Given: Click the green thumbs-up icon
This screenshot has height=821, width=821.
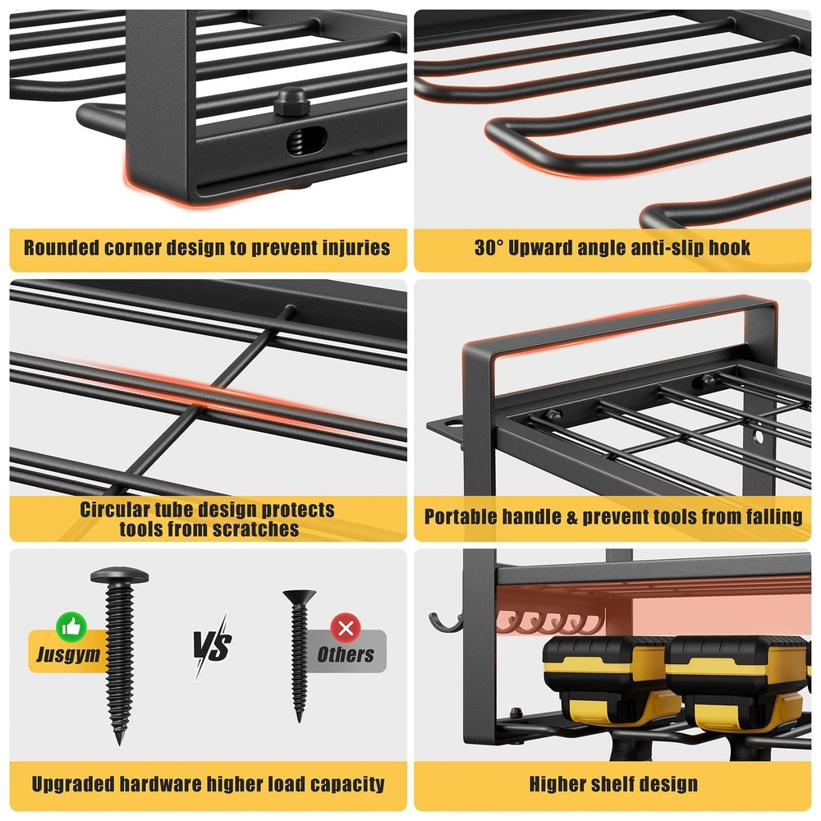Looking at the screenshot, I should tap(66, 628).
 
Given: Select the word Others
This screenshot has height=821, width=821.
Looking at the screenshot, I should tap(346, 654).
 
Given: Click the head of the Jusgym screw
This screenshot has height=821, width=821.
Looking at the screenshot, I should tap(120, 574).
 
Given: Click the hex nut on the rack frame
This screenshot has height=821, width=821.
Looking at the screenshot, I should tap(290, 103).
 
